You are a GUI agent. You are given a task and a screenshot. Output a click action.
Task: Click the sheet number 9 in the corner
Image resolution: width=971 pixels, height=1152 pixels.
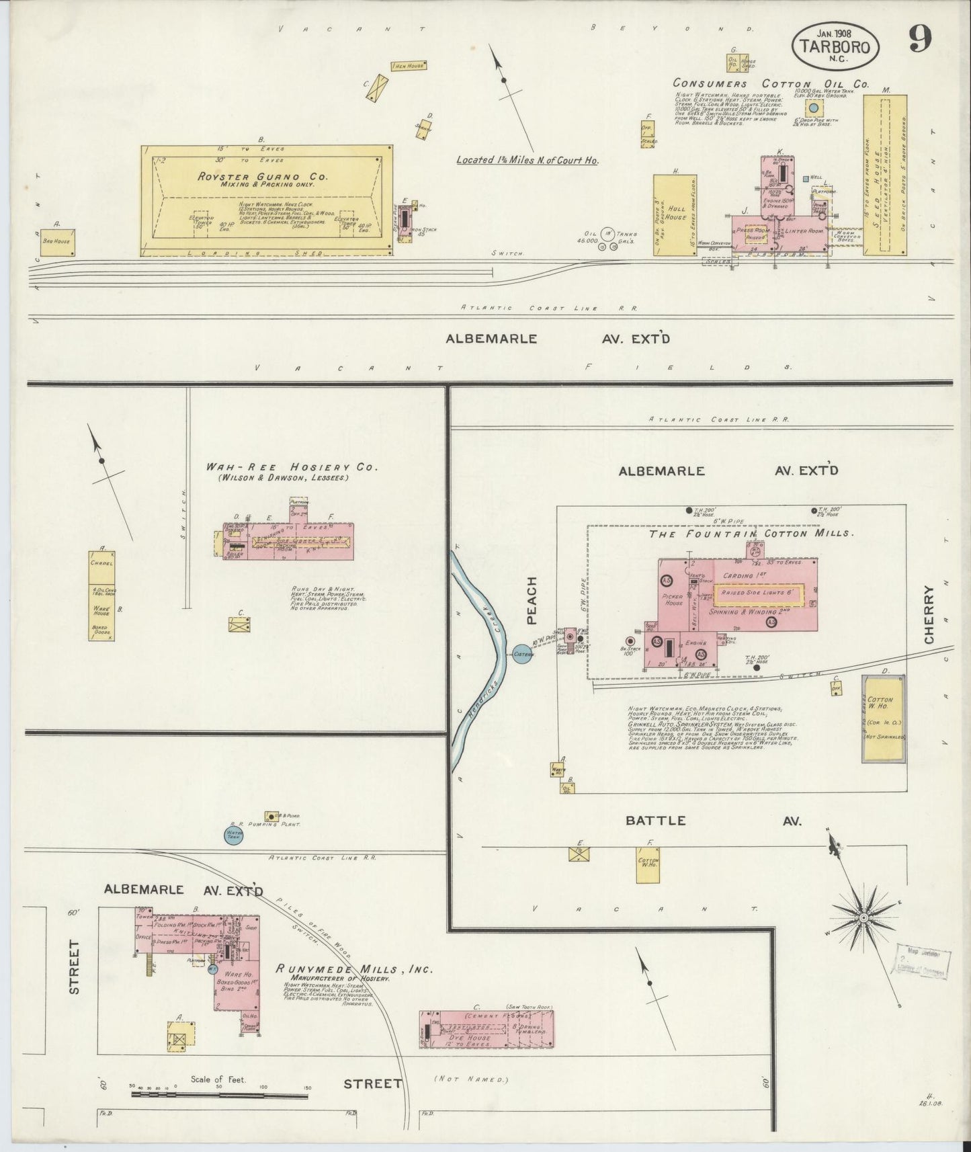click(920, 40)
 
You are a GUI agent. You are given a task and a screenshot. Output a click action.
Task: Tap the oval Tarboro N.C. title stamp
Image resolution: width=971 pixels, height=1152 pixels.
click(835, 46)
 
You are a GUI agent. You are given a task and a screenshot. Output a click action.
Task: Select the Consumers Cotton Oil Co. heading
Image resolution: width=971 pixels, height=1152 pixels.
click(771, 85)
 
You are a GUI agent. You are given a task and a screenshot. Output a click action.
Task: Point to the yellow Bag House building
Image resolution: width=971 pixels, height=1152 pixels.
click(57, 242)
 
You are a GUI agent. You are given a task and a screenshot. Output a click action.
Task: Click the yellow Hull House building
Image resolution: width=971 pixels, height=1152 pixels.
click(675, 215)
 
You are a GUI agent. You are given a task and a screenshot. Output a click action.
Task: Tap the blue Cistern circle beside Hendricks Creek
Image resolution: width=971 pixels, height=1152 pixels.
click(523, 653)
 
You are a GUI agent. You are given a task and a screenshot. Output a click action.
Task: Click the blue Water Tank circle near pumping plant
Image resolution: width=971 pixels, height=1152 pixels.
click(233, 835)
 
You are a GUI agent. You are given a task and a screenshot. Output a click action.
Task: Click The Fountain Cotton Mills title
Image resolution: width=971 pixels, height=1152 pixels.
click(751, 534)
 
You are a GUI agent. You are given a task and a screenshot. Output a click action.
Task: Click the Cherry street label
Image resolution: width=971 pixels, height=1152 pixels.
click(929, 614)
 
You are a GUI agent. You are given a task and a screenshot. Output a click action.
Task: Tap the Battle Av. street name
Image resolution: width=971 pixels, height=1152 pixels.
click(712, 821)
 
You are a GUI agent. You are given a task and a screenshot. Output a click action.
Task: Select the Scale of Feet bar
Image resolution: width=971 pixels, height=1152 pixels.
click(219, 1095)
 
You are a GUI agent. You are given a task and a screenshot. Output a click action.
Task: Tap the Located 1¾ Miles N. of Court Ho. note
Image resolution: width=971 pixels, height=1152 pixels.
click(527, 160)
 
